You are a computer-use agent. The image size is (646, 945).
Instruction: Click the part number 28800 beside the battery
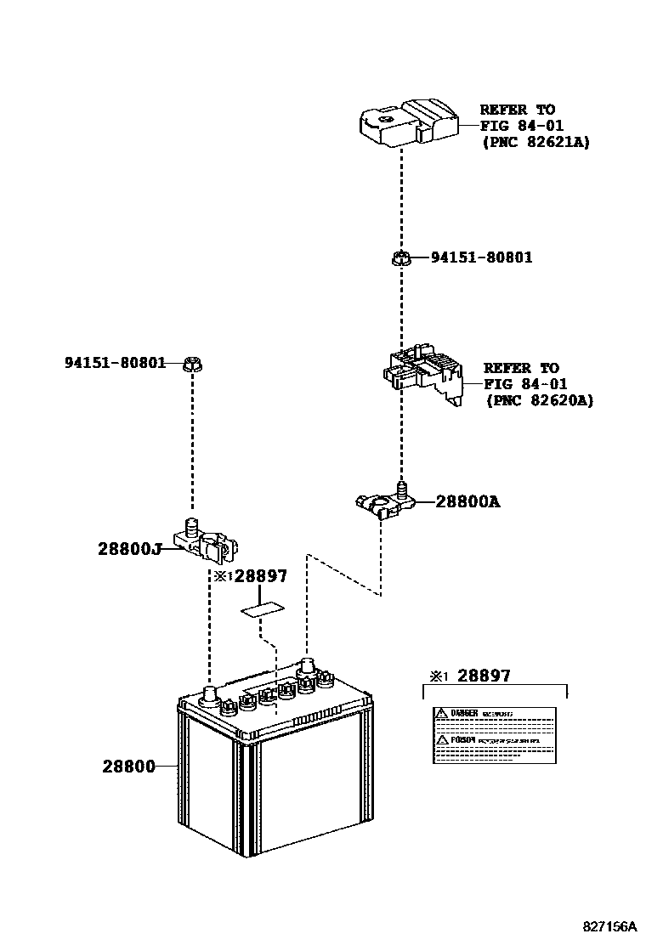point(128,766)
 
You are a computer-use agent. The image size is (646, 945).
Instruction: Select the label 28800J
point(129,549)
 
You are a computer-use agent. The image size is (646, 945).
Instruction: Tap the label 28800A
point(467,501)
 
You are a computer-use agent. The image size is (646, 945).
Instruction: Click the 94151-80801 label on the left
point(115,363)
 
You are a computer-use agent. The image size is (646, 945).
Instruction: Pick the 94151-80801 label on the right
point(481,257)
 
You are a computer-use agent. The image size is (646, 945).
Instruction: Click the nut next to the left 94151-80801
point(193,365)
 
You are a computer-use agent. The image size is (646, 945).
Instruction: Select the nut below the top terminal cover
point(401,257)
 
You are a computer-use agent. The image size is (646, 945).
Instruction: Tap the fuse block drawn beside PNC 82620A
point(422,375)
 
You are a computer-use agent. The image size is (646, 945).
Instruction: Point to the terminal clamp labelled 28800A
point(384,501)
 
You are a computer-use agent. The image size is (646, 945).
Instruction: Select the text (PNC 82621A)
point(535,142)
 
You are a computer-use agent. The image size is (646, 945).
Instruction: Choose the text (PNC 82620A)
point(539,400)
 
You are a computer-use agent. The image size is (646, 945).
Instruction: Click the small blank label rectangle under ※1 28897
point(263,608)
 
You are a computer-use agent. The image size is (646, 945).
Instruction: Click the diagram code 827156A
point(609,925)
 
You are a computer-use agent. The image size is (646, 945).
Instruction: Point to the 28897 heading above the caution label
point(484,676)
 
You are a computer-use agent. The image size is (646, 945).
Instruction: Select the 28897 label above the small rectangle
point(260,576)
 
